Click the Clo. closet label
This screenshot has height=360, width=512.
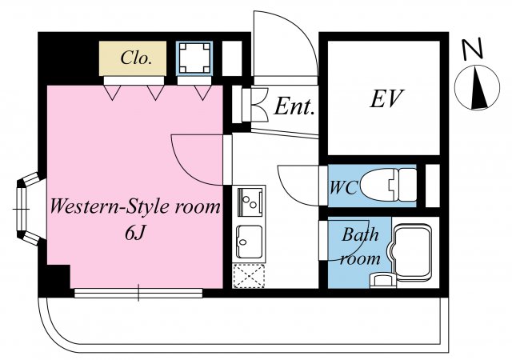coord(136,58)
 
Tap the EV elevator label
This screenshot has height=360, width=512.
coord(387,98)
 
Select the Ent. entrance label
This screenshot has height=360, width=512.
coord(294,106)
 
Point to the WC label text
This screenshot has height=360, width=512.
coord(343,188)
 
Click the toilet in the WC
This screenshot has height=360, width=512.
coord(388,185)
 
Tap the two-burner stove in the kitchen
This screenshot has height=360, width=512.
coord(250,202)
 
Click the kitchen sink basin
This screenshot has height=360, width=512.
coord(249,242)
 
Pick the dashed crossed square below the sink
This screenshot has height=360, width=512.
coord(249,276)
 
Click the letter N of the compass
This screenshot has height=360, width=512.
coord(472,50)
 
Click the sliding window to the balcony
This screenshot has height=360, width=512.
coord(138,293)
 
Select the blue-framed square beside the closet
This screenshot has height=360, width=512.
coord(194,58)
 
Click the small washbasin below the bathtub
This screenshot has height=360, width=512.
coord(382,281)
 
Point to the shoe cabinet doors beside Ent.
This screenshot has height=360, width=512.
coord(254,105)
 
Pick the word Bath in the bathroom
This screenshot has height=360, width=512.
coord(360,234)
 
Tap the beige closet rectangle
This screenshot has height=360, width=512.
coord(133,58)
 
